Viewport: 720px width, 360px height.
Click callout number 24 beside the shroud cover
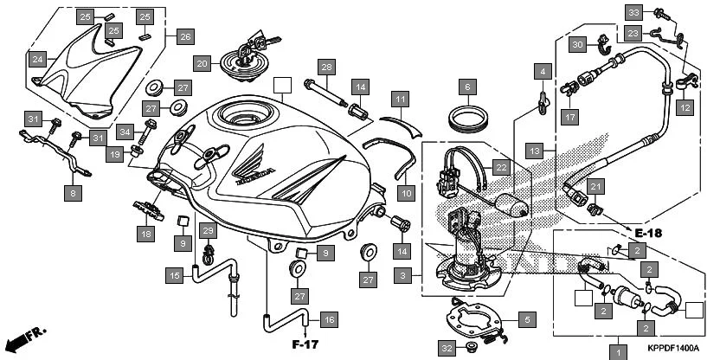coord(37,60)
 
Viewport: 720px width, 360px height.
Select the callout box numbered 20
coord(201,63)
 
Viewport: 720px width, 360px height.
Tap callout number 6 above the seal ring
coord(467,87)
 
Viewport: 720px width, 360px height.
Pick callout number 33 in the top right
coord(634,12)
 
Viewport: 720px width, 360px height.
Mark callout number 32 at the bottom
coord(446,348)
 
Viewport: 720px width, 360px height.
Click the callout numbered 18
coord(145,233)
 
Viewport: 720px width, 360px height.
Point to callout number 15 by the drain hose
coord(176,275)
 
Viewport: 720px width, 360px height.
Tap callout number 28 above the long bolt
coord(325,67)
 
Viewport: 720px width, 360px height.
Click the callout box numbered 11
coord(399,100)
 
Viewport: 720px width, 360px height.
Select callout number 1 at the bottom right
coord(618,351)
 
